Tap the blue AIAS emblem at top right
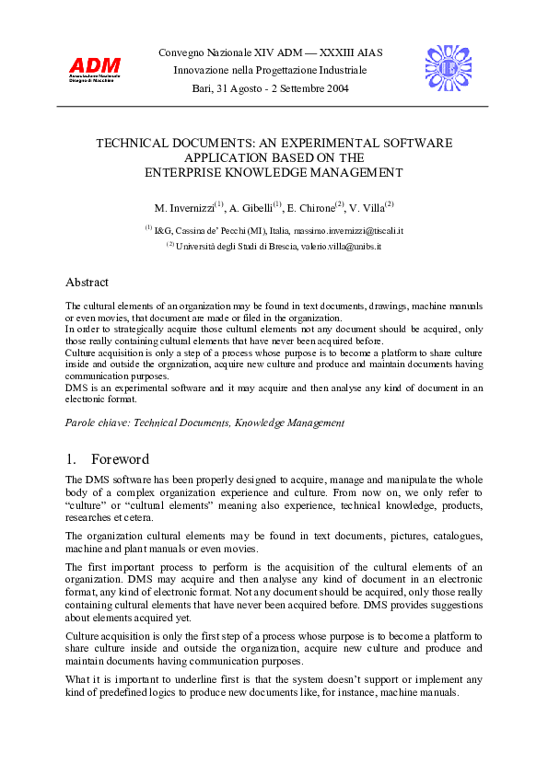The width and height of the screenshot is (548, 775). coord(449,68)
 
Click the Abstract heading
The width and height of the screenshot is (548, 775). coord(87,283)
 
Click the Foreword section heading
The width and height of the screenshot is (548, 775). coord(120,459)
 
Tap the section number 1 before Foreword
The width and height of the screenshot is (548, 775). coord(70,459)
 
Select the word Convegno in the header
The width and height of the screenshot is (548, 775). coord(181,52)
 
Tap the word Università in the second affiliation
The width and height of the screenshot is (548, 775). coord(195,247)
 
